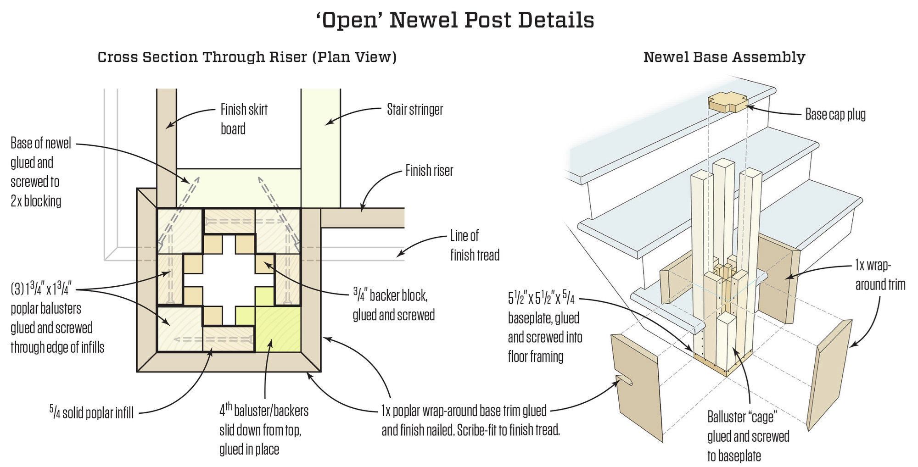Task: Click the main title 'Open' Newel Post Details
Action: [x=455, y=20]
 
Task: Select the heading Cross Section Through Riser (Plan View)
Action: [x=247, y=57]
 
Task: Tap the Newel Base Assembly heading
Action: [x=724, y=57]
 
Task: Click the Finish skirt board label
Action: [x=244, y=119]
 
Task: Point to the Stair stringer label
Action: [x=415, y=110]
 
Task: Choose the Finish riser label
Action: [x=429, y=171]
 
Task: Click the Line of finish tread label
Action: [x=474, y=245]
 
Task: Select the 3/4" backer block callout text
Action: [x=393, y=305]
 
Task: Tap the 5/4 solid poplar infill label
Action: [x=91, y=412]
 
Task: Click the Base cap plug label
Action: [x=835, y=114]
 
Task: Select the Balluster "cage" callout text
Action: [x=748, y=436]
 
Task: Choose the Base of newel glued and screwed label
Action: [x=41, y=172]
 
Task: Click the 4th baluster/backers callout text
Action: [x=263, y=430]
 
